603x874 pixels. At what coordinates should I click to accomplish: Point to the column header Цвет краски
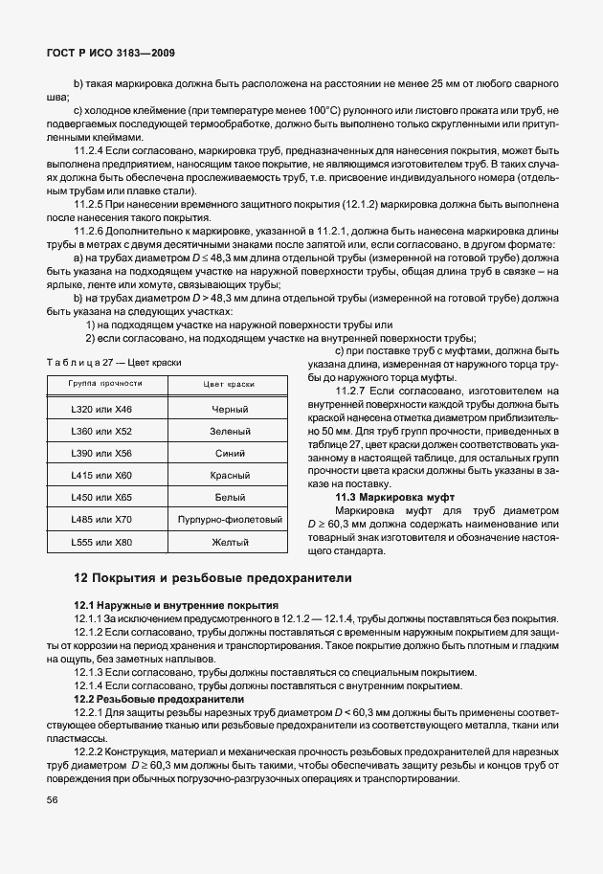pyautogui.click(x=229, y=383)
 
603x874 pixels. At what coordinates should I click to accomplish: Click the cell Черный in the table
pyautogui.click(x=229, y=409)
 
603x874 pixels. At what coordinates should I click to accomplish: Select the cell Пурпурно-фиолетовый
pyautogui.click(x=229, y=520)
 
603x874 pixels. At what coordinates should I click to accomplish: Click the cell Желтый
pyautogui.click(x=229, y=542)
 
